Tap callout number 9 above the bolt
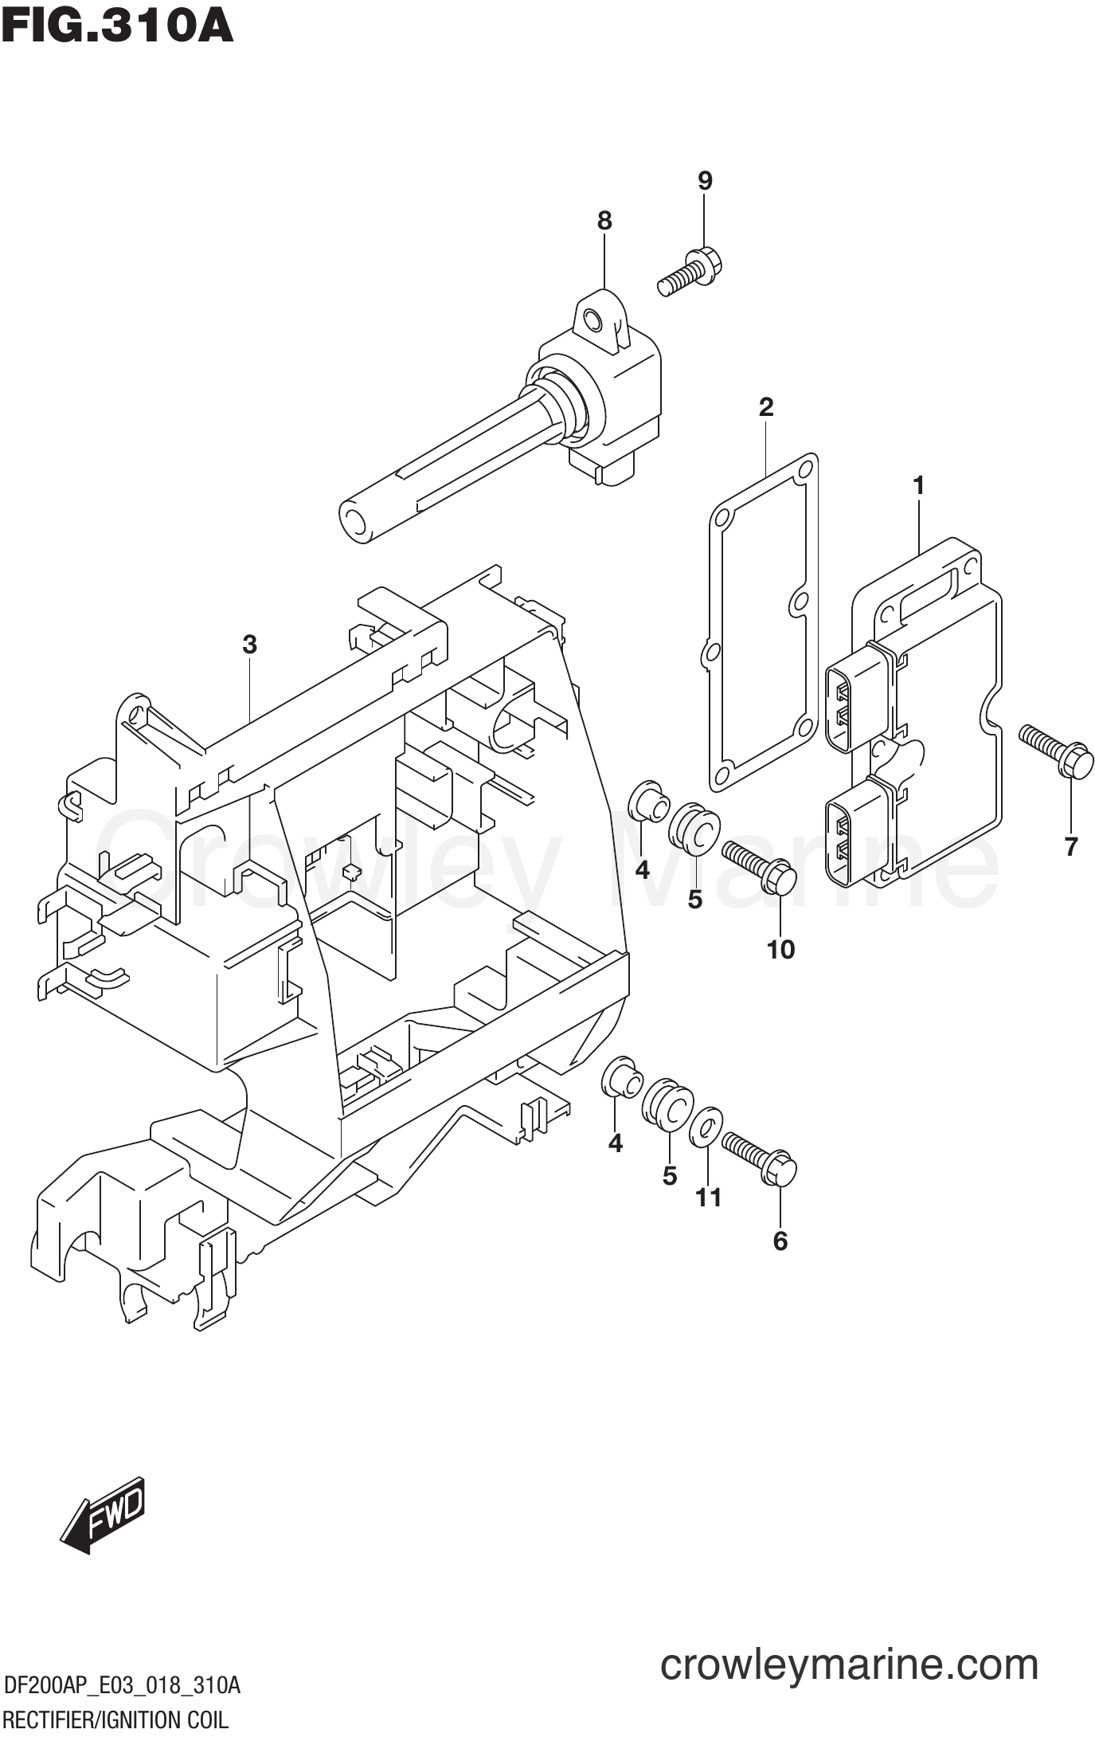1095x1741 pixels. (705, 182)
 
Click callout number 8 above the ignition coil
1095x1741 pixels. (604, 221)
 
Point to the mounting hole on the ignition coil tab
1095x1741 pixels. (592, 321)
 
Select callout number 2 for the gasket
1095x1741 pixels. (765, 408)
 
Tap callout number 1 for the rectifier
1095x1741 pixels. (918, 485)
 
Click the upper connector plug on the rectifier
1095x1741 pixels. (854, 707)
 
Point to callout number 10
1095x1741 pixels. (780, 950)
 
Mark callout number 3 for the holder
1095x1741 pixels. (249, 645)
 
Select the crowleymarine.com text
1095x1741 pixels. (849, 1665)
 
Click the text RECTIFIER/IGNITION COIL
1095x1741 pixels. (115, 1719)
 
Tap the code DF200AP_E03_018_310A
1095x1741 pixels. (122, 1685)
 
